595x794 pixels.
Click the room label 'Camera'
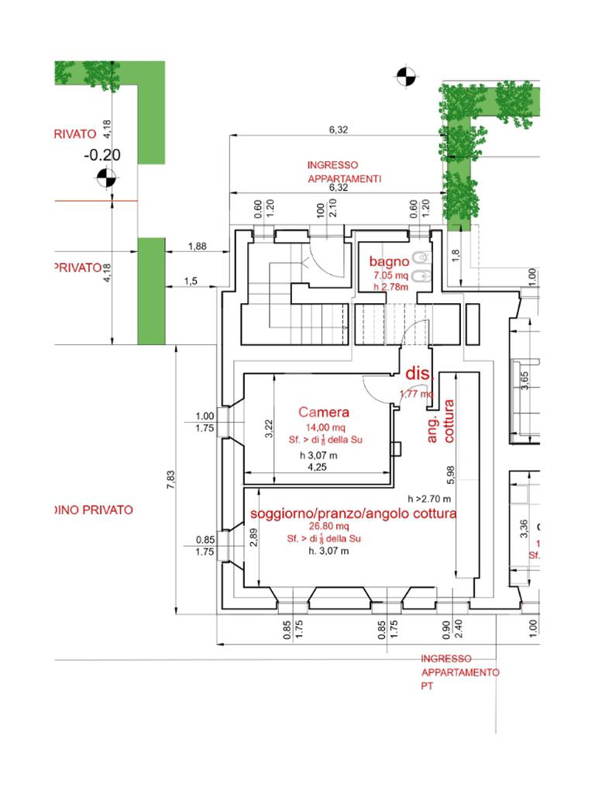point(324,413)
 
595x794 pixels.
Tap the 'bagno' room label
point(389,261)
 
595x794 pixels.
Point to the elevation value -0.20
point(102,155)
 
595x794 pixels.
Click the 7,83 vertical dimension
point(171,481)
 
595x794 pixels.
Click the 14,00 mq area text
point(322,427)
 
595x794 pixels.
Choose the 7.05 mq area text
point(390,275)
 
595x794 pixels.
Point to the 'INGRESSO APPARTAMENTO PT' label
point(460,672)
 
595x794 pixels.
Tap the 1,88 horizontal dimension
point(198,247)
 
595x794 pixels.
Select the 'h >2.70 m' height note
point(429,499)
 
